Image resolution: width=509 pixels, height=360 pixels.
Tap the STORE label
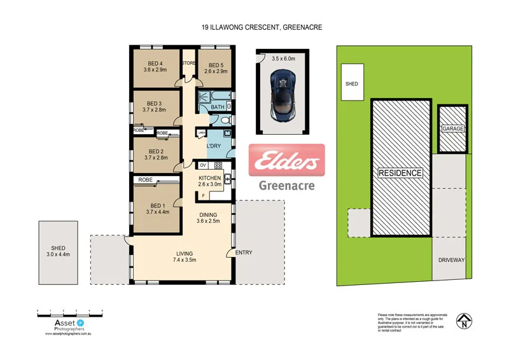point(189,64)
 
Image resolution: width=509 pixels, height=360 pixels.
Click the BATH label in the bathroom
point(218,107)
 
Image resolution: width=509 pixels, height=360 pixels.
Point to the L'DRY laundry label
point(214,146)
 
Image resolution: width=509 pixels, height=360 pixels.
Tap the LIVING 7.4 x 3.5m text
point(185,256)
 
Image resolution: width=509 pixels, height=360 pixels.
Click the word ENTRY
point(244,253)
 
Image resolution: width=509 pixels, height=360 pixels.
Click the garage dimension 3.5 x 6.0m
point(284,58)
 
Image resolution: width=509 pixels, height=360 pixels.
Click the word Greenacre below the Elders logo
point(286,186)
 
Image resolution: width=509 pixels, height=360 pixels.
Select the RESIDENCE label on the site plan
point(400,172)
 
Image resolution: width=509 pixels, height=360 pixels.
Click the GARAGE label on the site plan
point(453,128)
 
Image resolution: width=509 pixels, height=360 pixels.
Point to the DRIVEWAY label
point(452,260)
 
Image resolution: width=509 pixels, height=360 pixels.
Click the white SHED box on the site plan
point(352,83)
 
